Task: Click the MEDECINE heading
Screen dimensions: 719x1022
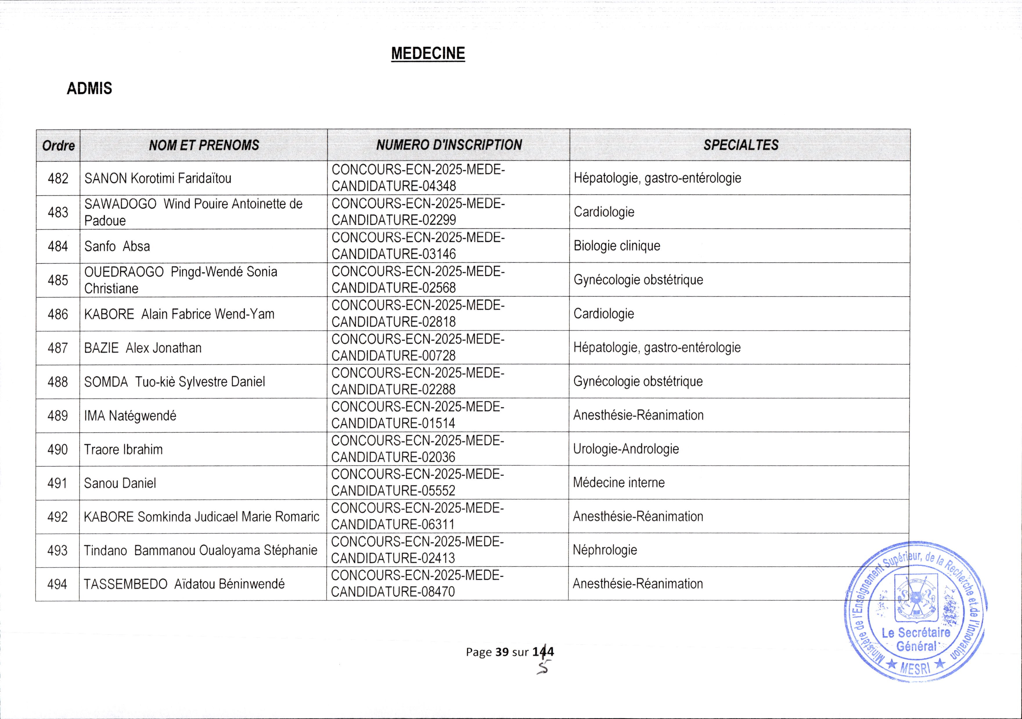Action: point(428,53)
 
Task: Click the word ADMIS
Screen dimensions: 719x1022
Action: point(89,89)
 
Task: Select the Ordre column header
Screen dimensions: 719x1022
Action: point(58,145)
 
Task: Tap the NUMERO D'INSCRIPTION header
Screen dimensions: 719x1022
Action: point(449,145)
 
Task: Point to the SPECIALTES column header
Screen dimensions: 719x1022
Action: point(741,145)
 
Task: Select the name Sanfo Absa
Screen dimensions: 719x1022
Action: point(117,246)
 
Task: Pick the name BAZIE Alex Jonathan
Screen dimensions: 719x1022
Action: point(143,348)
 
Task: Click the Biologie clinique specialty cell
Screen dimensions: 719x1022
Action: point(617,246)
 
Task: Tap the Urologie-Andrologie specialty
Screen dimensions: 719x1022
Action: point(626,449)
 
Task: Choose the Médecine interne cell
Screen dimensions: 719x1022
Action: point(619,483)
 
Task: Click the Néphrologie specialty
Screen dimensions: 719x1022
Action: point(605,550)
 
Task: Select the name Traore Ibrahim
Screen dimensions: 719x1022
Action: point(123,450)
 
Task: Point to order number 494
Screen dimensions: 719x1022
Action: point(57,584)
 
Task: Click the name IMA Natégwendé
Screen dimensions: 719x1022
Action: point(130,416)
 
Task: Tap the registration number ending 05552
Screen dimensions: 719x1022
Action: point(418,483)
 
